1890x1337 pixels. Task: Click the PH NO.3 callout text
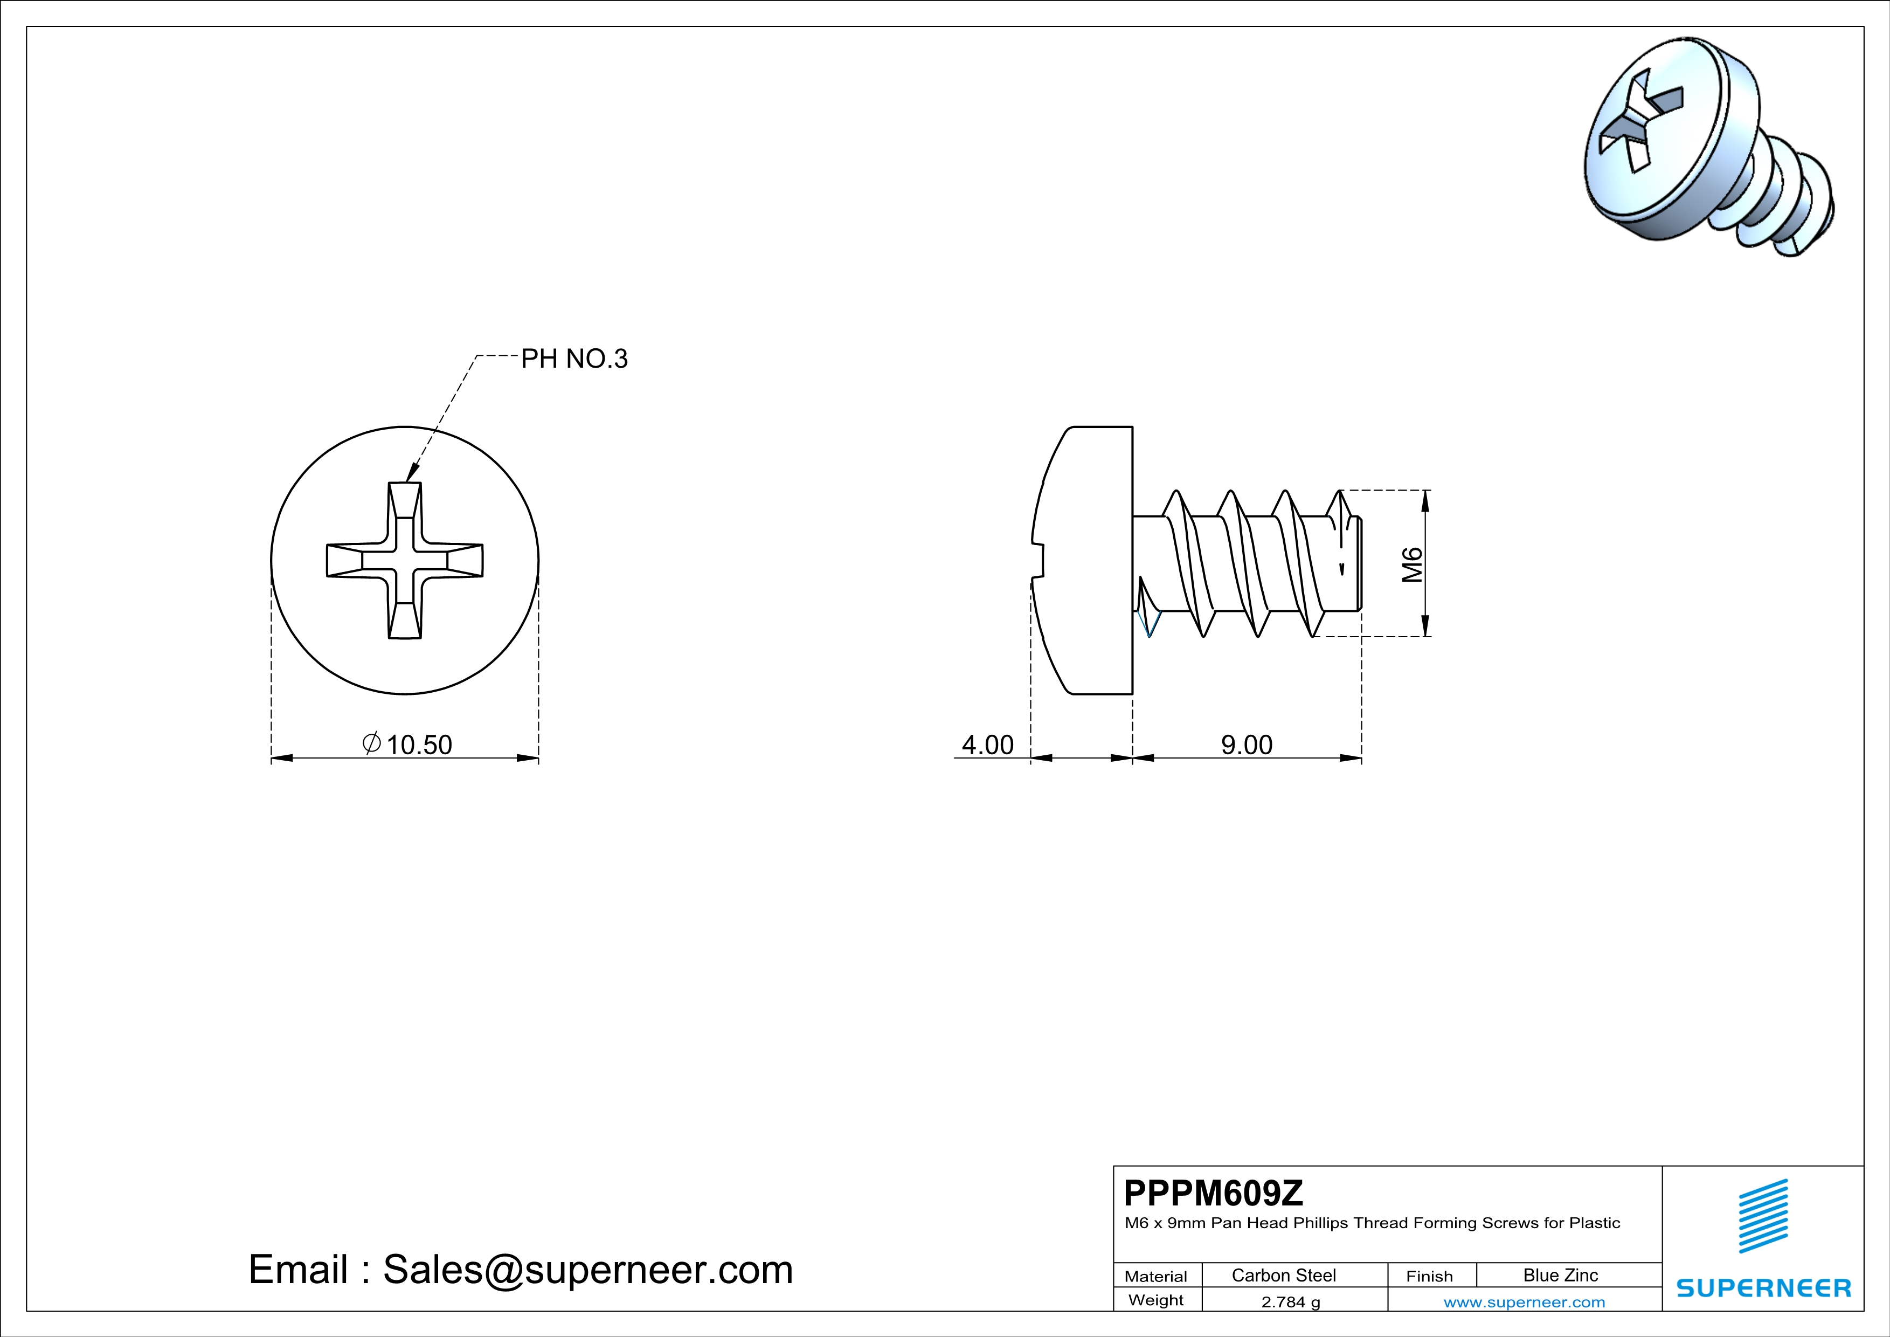pos(574,359)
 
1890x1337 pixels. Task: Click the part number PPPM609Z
pos(1213,1193)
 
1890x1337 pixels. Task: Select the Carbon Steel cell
pos(1283,1275)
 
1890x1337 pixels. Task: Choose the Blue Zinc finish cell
pos(1560,1275)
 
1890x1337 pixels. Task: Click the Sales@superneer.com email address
pos(588,1270)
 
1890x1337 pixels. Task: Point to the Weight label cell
pos(1156,1300)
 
